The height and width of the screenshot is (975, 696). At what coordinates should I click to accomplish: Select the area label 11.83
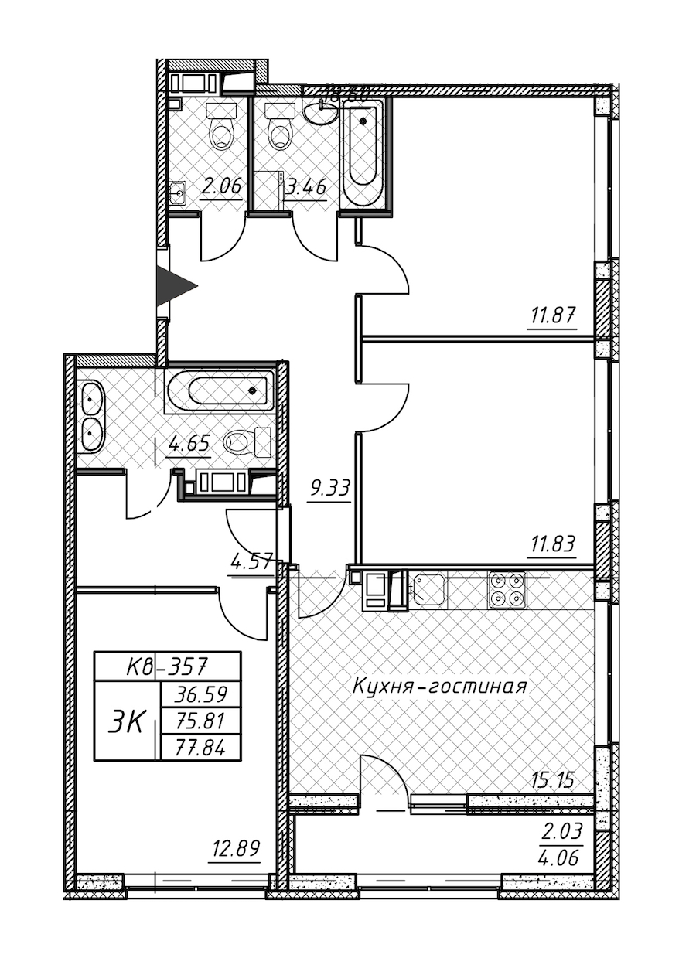tap(551, 544)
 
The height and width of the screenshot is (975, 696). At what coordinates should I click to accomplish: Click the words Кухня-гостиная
tap(439, 686)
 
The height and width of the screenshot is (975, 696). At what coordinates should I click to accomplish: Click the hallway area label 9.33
tap(329, 489)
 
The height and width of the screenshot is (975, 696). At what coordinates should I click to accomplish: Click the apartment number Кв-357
tap(167, 665)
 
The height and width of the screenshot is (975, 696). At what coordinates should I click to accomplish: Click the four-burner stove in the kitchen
tap(507, 590)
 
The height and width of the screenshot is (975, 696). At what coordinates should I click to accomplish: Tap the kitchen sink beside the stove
tap(428, 590)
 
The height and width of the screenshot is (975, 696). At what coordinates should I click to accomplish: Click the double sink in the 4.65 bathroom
tap(92, 418)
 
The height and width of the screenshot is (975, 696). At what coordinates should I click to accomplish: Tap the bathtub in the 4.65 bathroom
tap(220, 390)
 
